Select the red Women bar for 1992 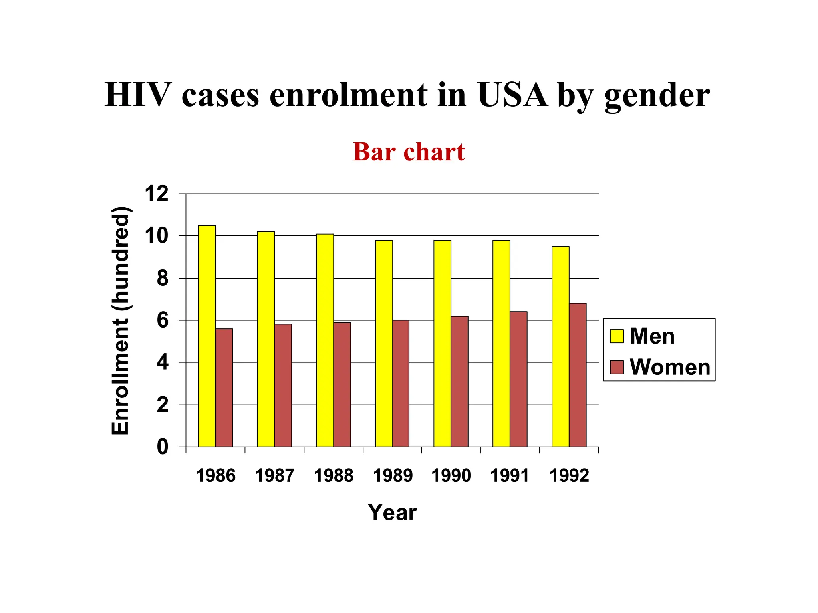click(x=578, y=375)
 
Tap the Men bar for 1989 click(x=384, y=343)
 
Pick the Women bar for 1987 click(x=283, y=385)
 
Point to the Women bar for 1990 click(x=460, y=382)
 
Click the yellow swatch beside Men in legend click(x=617, y=336)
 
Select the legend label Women click(x=670, y=367)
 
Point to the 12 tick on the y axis click(x=157, y=194)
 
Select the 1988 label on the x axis click(x=334, y=476)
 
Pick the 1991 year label click(x=510, y=476)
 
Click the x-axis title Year click(x=392, y=512)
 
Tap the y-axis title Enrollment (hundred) click(x=120, y=320)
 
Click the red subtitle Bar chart click(x=409, y=152)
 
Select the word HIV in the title click(x=138, y=95)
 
